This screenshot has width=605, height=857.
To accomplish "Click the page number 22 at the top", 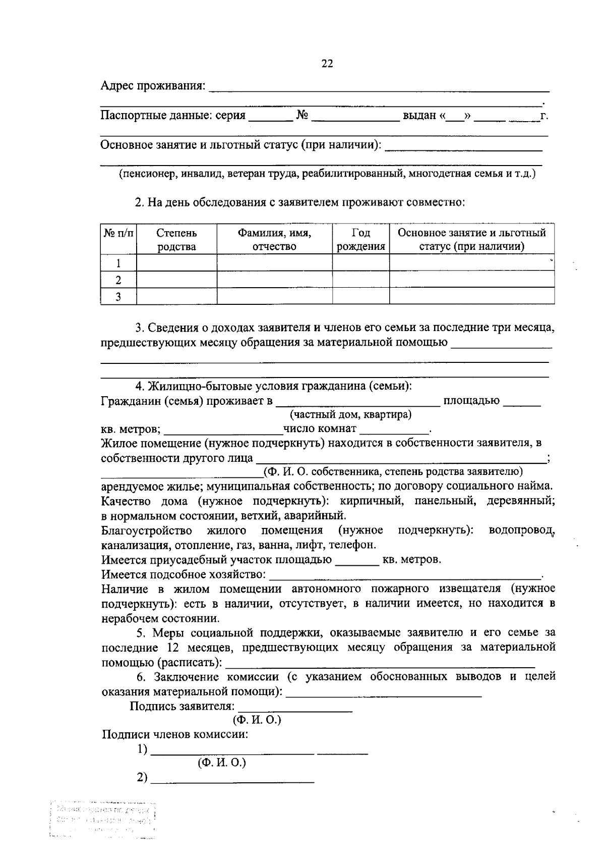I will coord(327,64).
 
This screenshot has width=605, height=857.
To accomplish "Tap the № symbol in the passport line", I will coord(302,115).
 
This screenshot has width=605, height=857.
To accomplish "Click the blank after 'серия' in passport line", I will coord(271,117).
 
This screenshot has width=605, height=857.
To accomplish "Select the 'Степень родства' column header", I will coord(176,240).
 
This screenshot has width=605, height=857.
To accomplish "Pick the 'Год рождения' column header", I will coord(360,240).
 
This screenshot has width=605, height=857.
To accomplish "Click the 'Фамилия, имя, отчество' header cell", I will coord(274,240).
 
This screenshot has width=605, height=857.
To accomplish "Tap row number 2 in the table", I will coord(118,280).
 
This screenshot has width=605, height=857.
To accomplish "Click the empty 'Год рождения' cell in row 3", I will coord(360,296).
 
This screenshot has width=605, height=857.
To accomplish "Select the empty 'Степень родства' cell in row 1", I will coord(176,263).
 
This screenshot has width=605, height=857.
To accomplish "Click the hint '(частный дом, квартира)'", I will coord(350,415).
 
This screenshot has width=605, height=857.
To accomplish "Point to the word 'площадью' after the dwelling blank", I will coord(471,401).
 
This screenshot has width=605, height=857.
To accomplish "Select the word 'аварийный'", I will coord(322,516).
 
